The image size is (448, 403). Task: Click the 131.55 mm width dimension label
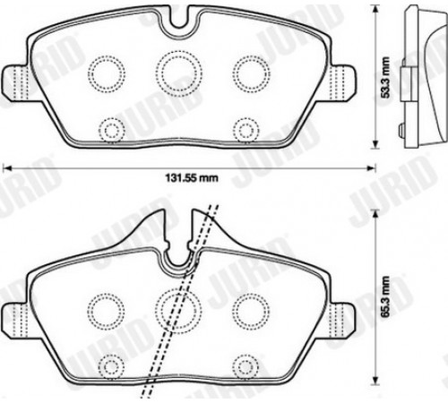coord(192,178)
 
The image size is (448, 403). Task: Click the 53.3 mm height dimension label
coord(386,78)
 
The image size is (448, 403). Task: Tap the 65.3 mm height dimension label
coord(386,296)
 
